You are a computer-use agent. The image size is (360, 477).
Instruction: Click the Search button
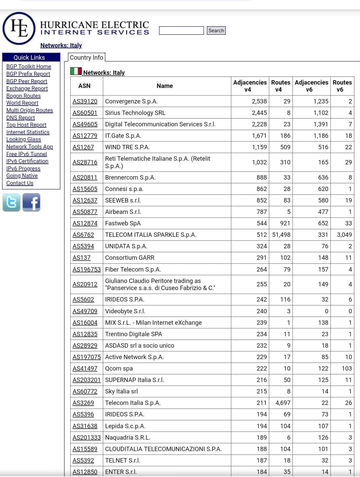[x=216, y=31]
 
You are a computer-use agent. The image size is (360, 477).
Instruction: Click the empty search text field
[x=181, y=31]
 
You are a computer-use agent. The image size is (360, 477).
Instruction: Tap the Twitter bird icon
[x=11, y=202]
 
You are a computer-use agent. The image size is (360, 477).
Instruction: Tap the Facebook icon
[x=31, y=202]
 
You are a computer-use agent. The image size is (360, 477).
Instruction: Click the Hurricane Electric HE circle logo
[x=19, y=28]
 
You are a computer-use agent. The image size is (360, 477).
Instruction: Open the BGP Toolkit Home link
[x=29, y=67]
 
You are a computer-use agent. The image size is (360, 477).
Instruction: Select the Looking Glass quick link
[x=24, y=139]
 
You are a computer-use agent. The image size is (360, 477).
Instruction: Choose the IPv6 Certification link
[x=27, y=161]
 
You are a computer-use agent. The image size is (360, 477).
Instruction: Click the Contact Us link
[x=20, y=183]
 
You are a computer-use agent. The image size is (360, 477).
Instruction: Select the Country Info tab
[x=87, y=58]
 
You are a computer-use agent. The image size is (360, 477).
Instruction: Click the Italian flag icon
[x=76, y=71]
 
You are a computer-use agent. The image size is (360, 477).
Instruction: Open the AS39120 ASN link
[x=85, y=101]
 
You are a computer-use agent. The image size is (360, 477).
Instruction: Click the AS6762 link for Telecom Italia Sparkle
[x=83, y=235]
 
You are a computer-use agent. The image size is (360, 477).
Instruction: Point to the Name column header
[x=165, y=86]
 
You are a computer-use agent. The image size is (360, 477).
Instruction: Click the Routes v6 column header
[x=342, y=86]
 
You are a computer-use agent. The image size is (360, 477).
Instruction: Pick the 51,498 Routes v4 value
[x=281, y=235]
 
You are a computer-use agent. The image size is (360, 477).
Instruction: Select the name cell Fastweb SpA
[x=123, y=223]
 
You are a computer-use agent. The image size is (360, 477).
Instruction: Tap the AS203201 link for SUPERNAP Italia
[x=87, y=380]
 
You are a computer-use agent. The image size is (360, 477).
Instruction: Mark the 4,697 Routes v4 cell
[x=283, y=403]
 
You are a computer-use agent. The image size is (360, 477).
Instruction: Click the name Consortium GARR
[x=130, y=258]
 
